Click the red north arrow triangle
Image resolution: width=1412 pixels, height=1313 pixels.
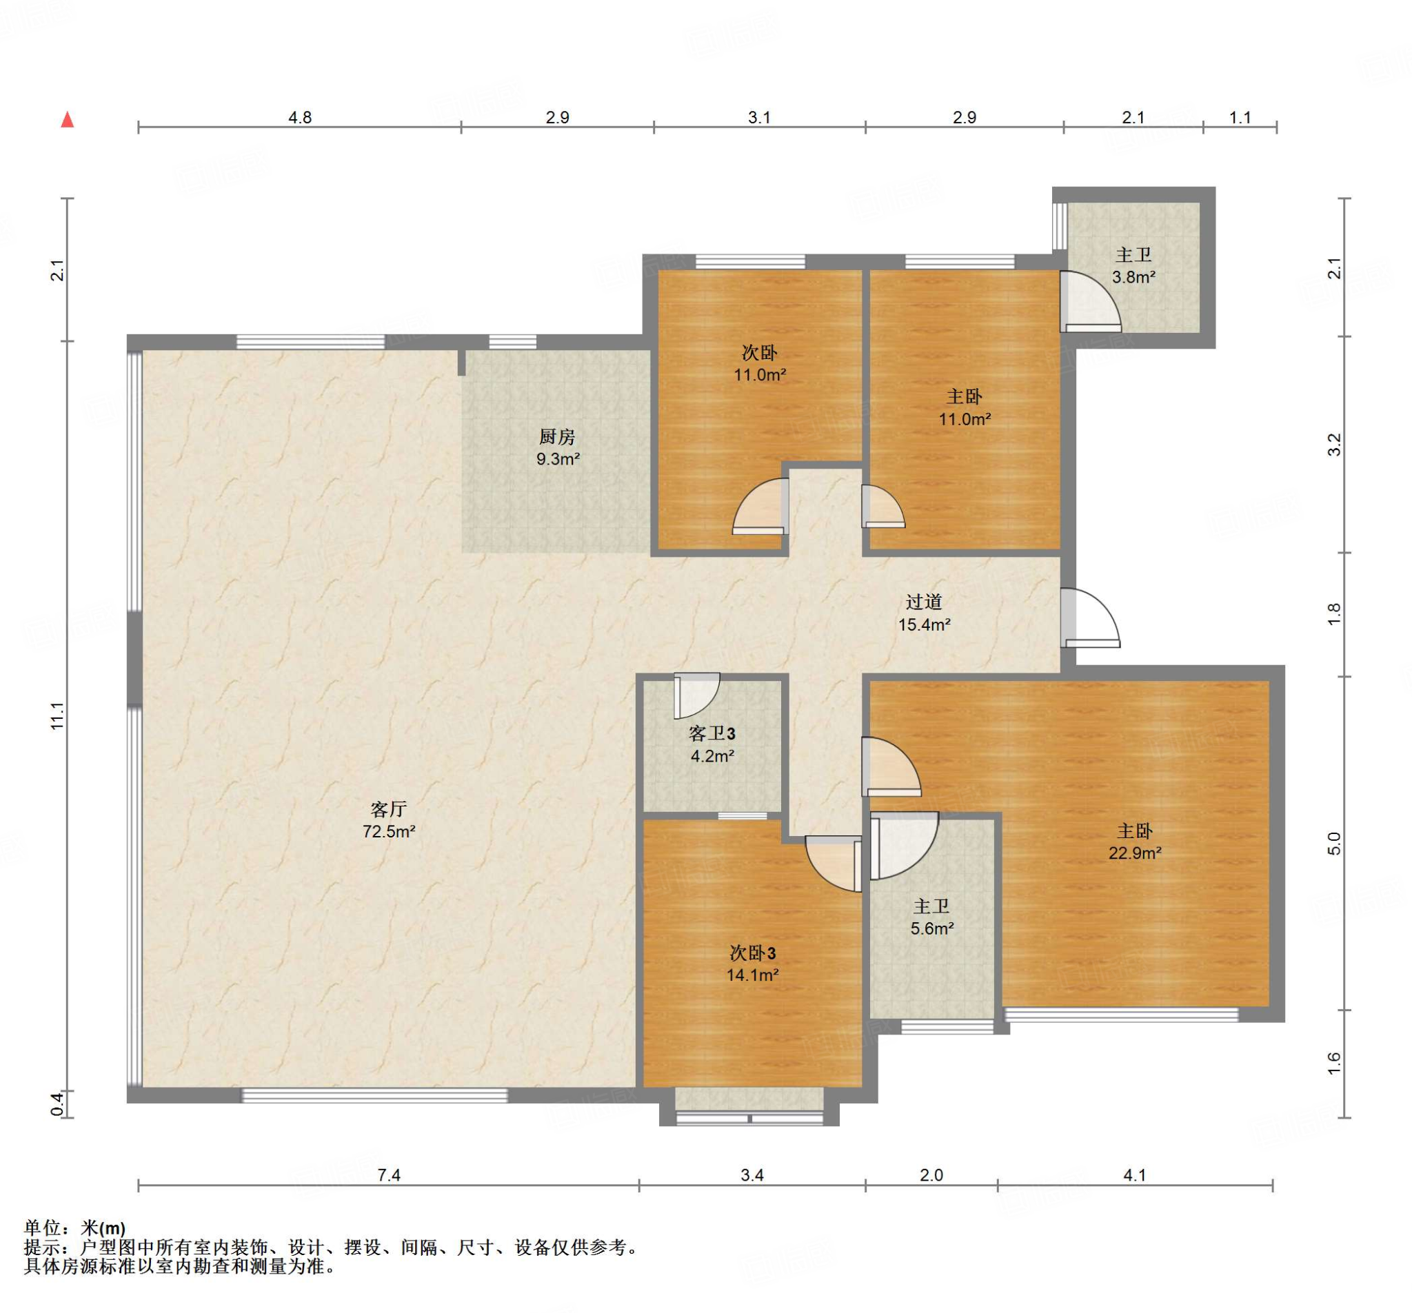68,119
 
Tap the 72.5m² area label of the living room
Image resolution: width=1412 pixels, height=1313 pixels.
389,831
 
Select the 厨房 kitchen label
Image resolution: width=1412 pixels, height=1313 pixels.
557,437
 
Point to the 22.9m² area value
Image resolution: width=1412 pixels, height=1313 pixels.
1135,853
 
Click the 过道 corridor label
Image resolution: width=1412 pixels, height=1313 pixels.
924,602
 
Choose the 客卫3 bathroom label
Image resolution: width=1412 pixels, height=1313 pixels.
712,733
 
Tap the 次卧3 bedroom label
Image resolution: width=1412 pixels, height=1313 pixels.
752,953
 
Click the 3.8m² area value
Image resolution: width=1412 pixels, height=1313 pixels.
1133,277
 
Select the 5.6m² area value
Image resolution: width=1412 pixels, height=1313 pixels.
931,928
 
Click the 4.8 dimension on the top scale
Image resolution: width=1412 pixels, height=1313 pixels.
300,117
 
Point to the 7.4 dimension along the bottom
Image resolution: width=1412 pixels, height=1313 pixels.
389,1175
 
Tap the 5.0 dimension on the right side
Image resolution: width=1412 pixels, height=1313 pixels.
1334,843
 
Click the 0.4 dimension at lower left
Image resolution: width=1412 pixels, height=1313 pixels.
57,1104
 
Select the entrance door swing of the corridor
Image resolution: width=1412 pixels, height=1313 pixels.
1091,618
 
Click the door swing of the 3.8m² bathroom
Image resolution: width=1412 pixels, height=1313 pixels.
1091,302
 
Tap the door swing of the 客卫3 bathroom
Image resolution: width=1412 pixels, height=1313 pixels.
697,695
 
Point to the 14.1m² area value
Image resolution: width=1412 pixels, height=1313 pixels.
752,975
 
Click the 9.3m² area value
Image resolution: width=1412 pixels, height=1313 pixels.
558,460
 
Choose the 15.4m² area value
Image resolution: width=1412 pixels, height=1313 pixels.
924,625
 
